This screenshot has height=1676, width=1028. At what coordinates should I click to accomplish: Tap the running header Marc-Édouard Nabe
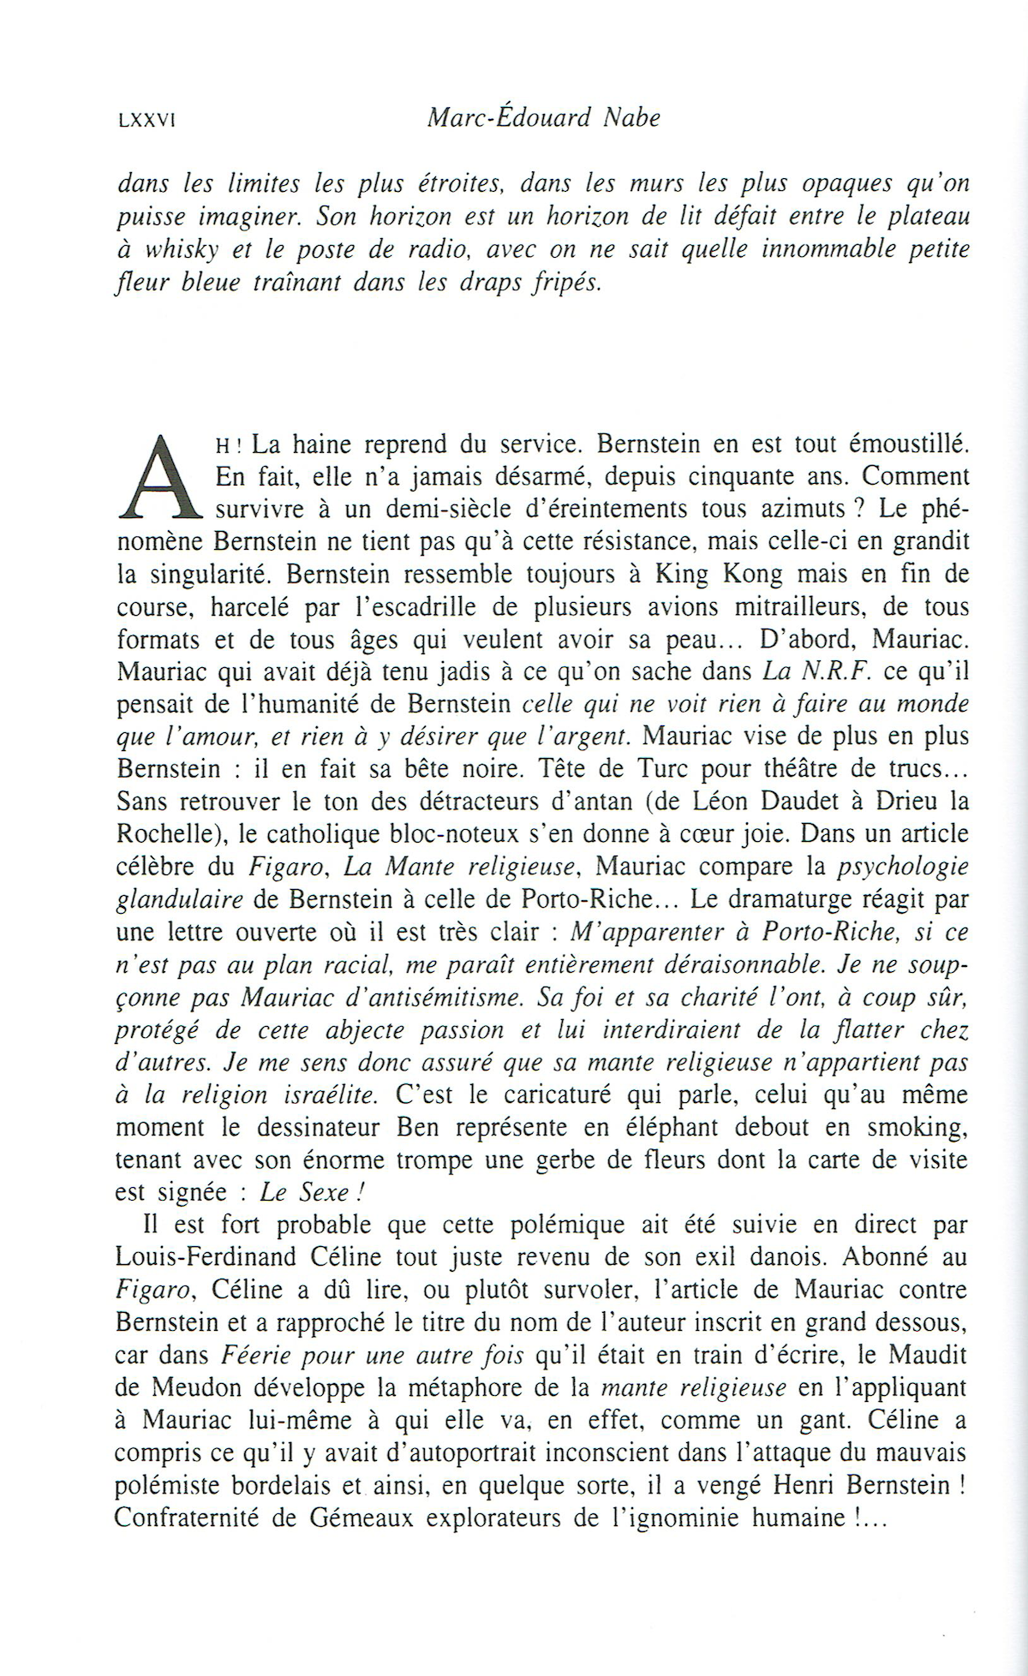(x=543, y=118)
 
